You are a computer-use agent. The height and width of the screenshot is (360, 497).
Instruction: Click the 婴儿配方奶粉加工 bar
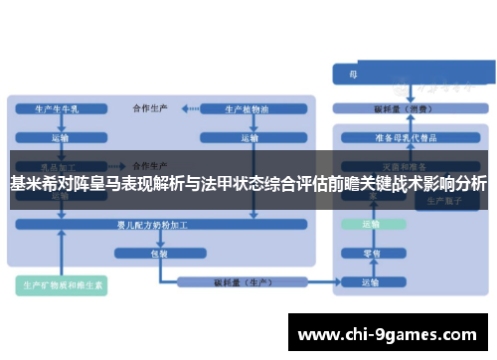159,226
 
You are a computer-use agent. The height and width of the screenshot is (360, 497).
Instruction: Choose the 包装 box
159,254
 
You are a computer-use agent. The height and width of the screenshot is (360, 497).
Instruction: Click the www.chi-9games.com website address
388,332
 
